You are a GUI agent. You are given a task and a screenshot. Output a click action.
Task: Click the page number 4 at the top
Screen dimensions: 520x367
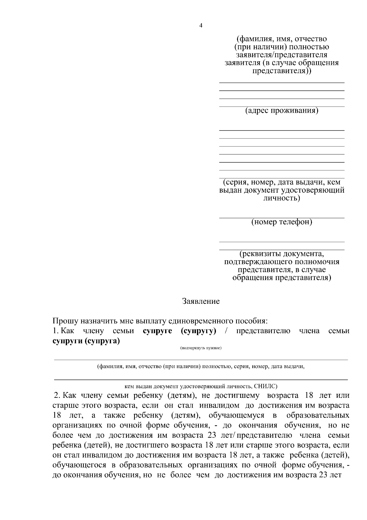(x=201, y=26)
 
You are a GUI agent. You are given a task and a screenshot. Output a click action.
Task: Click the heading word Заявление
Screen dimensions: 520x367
(x=201, y=301)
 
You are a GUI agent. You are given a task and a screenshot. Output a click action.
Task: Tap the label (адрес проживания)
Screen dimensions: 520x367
(x=282, y=110)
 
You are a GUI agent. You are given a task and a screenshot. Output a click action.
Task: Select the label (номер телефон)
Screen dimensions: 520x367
(x=282, y=222)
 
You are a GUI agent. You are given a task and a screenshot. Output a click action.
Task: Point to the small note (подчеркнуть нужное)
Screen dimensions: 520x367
(x=201, y=348)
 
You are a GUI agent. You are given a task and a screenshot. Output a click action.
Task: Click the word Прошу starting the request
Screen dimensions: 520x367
(x=65, y=321)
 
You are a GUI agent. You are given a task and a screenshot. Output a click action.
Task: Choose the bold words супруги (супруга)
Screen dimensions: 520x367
(x=86, y=341)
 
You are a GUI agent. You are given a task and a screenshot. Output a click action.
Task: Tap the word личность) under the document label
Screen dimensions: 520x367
(x=282, y=198)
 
